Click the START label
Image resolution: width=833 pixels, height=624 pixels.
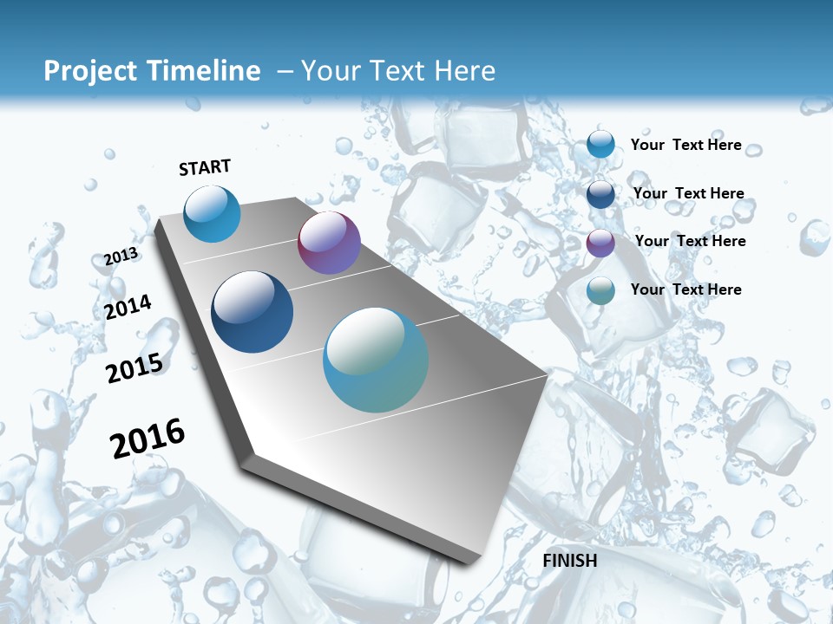[205, 167]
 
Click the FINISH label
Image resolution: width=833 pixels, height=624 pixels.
[569, 561]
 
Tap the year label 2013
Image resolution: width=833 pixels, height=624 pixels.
[121, 257]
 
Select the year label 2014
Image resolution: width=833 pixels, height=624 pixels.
[128, 308]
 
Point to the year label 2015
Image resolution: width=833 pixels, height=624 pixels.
[134, 368]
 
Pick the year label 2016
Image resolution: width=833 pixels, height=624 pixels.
[148, 439]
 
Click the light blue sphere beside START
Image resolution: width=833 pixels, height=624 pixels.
[212, 213]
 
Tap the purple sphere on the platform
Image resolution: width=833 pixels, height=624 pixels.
[329, 243]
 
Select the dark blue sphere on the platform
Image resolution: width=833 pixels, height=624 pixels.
[252, 312]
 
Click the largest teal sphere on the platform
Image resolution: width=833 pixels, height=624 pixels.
[376, 360]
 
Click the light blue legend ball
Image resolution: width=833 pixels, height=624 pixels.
[600, 144]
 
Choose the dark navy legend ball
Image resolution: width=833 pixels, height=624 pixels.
[600, 194]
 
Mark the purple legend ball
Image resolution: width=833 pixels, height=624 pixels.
[600, 243]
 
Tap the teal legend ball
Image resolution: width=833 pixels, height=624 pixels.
[600, 290]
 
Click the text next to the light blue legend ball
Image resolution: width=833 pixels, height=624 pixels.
[685, 145]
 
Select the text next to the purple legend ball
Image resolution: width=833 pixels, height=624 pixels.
[690, 241]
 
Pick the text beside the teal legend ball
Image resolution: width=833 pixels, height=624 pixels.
[685, 289]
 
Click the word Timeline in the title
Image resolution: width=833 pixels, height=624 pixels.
[202, 71]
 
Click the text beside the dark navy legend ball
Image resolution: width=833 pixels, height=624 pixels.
[688, 193]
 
